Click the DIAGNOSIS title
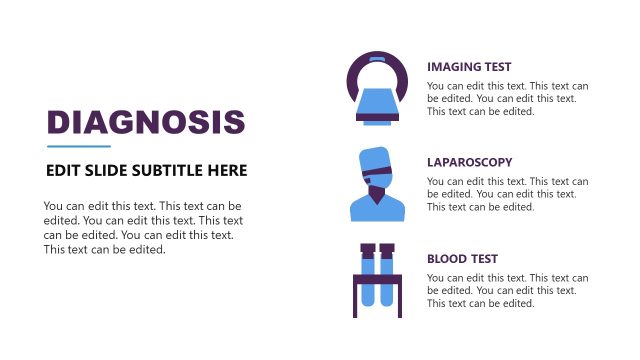coord(146,122)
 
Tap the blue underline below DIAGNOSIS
coord(78,146)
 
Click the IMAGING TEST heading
coord(469,67)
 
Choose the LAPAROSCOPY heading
coord(469,162)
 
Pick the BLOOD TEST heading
coord(462,258)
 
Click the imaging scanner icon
coord(376,89)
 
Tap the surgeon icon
coord(377,184)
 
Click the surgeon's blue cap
coord(375,160)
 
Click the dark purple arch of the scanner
coord(376,62)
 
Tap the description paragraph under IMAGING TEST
coord(508,99)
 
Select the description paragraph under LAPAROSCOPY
coord(508,194)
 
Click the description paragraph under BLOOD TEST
coord(508,290)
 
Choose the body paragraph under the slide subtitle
coord(143,227)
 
